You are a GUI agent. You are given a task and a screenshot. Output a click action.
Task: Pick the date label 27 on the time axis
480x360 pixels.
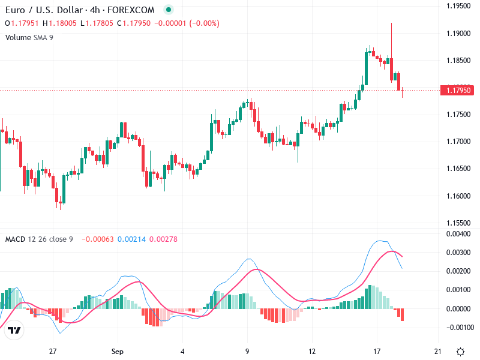(x=53, y=351)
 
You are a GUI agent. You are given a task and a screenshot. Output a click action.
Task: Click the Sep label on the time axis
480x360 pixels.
(x=118, y=351)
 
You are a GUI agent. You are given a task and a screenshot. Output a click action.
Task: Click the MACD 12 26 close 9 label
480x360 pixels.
(x=39, y=239)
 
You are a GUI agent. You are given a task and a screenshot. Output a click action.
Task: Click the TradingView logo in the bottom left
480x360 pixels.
(x=15, y=331)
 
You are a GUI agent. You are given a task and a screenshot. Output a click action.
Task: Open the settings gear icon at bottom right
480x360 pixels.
(x=461, y=351)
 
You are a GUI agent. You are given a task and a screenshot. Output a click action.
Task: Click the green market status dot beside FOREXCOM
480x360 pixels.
(x=168, y=10)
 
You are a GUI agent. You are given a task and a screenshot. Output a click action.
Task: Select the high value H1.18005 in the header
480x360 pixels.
(x=59, y=23)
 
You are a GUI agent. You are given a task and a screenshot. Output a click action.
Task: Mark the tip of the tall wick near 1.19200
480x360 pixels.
(x=391, y=23)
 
